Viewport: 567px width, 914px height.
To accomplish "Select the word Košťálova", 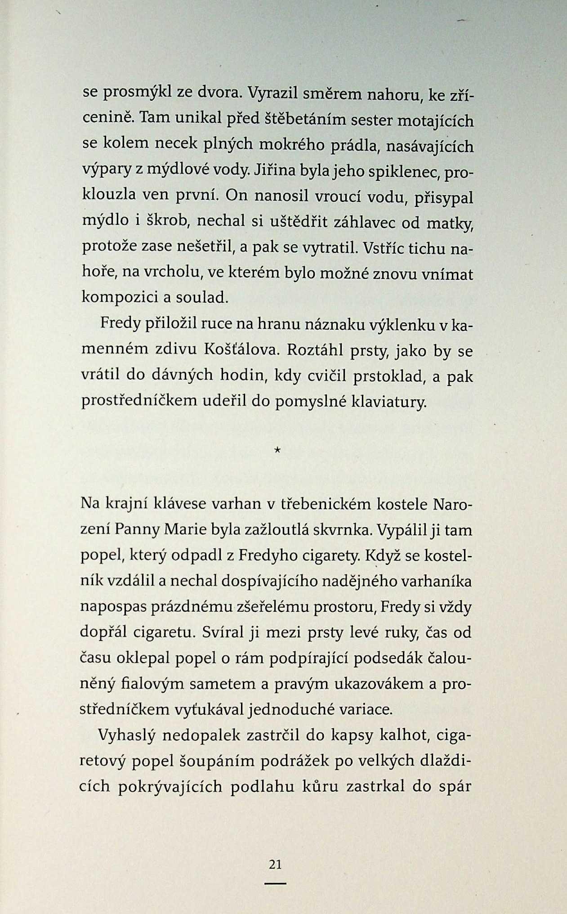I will (x=239, y=351).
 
